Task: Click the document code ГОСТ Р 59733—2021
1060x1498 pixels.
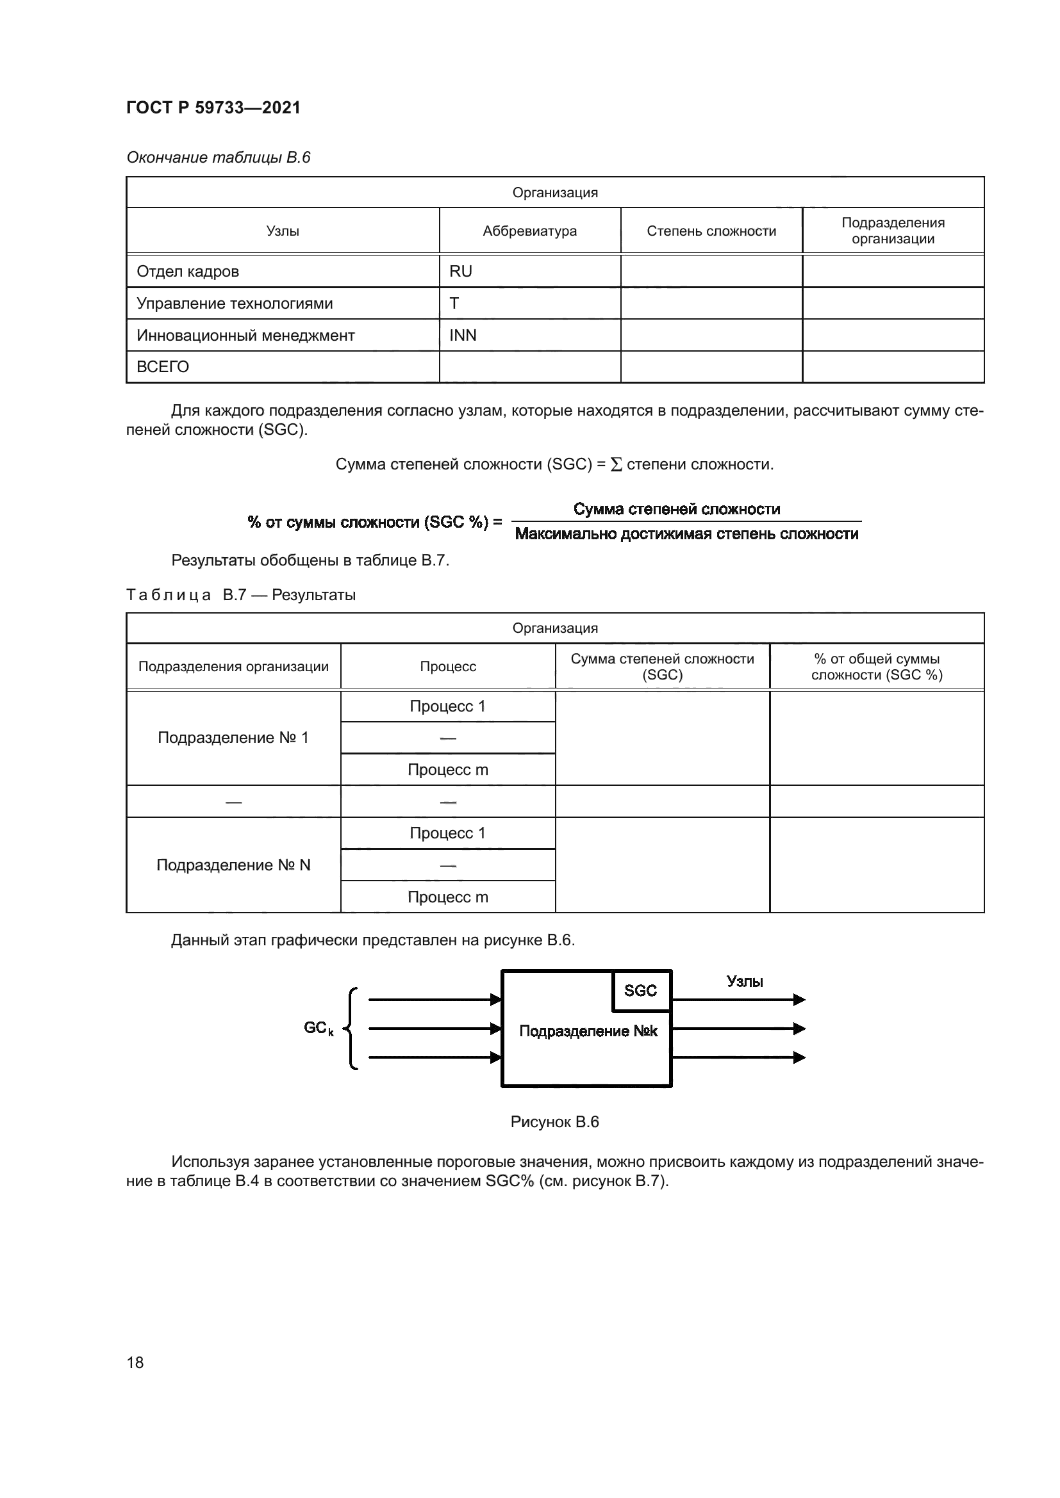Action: point(213,108)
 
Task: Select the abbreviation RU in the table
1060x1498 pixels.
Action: point(460,272)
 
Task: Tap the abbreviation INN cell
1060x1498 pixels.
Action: point(463,336)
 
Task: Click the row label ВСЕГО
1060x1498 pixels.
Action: point(163,367)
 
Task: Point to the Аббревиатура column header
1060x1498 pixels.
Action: point(529,231)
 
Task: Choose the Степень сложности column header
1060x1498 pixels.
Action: point(711,231)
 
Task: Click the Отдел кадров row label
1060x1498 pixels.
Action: point(187,272)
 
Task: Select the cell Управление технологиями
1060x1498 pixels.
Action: point(235,304)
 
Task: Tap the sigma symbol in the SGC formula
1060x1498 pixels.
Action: point(615,464)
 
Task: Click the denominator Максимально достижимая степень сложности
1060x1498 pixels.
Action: point(686,534)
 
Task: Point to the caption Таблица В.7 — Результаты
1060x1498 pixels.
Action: point(241,595)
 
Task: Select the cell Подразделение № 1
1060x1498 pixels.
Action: point(233,738)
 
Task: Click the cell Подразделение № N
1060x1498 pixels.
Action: point(233,865)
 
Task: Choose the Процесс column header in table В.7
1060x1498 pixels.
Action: point(448,667)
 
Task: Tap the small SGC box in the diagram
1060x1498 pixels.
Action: point(640,991)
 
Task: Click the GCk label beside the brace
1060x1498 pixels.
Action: point(319,1029)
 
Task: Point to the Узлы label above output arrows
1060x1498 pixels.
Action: point(745,982)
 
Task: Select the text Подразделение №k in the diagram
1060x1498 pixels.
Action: point(588,1032)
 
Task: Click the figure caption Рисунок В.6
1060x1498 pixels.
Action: point(554,1122)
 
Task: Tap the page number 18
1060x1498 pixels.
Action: point(135,1362)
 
